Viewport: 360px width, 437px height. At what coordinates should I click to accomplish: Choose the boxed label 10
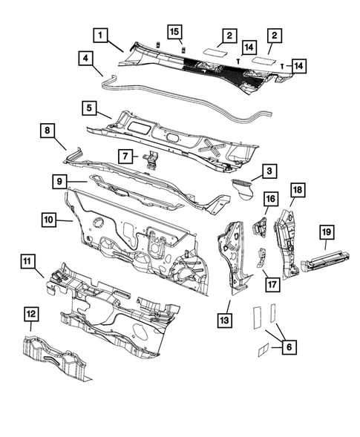48,219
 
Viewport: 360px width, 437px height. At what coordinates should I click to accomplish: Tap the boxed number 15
174,32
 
